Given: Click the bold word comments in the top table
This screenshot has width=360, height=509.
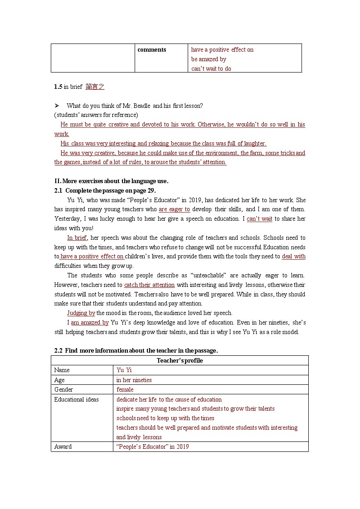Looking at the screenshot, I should coord(151,50).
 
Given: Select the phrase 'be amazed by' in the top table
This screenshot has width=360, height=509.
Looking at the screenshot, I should coord(209,59).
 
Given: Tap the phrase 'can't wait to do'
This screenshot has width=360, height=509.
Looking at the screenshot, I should coord(211,69).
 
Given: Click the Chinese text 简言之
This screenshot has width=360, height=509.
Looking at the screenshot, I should coord(95,87).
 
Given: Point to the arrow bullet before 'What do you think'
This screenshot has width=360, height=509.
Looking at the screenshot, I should coord(57,106).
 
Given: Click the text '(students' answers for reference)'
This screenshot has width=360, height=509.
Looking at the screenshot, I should coord(96,115).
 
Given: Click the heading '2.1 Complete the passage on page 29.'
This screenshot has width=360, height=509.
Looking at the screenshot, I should coord(105,191).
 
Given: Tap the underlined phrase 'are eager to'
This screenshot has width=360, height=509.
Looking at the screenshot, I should coord(174,209).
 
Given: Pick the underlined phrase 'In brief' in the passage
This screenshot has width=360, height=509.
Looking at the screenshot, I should coord(77,238).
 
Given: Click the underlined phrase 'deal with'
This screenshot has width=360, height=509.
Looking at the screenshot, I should coord(293,257).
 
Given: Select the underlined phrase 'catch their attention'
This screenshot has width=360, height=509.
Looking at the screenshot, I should coord(149,285).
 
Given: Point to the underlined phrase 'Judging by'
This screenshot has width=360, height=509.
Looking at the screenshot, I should coord(81,313).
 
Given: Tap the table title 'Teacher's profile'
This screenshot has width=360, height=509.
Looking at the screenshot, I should coord(180,361).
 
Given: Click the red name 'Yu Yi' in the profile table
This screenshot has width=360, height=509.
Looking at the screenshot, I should coord(124,370).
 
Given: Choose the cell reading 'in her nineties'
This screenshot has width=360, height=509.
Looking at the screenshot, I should coord(134,380).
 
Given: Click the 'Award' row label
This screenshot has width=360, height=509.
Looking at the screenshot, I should coord(63,447).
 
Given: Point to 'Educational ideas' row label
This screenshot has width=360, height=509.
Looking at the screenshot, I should coord(76,400).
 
